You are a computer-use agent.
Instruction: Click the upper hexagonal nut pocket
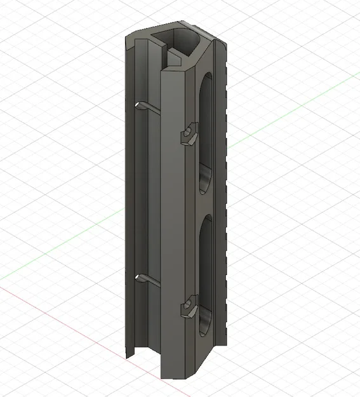(x=189, y=133)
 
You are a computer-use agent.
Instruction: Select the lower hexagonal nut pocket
(x=189, y=306)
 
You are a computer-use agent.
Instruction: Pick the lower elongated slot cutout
(x=206, y=273)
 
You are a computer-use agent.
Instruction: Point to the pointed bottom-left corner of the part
(x=127, y=354)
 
